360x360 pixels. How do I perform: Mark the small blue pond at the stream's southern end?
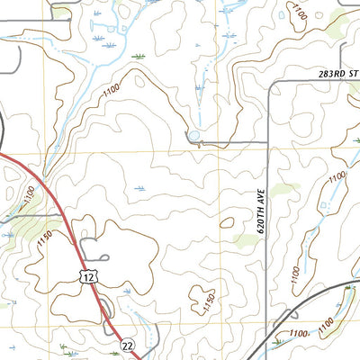point(193,137)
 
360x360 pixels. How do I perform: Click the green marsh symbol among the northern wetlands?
point(138,57)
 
